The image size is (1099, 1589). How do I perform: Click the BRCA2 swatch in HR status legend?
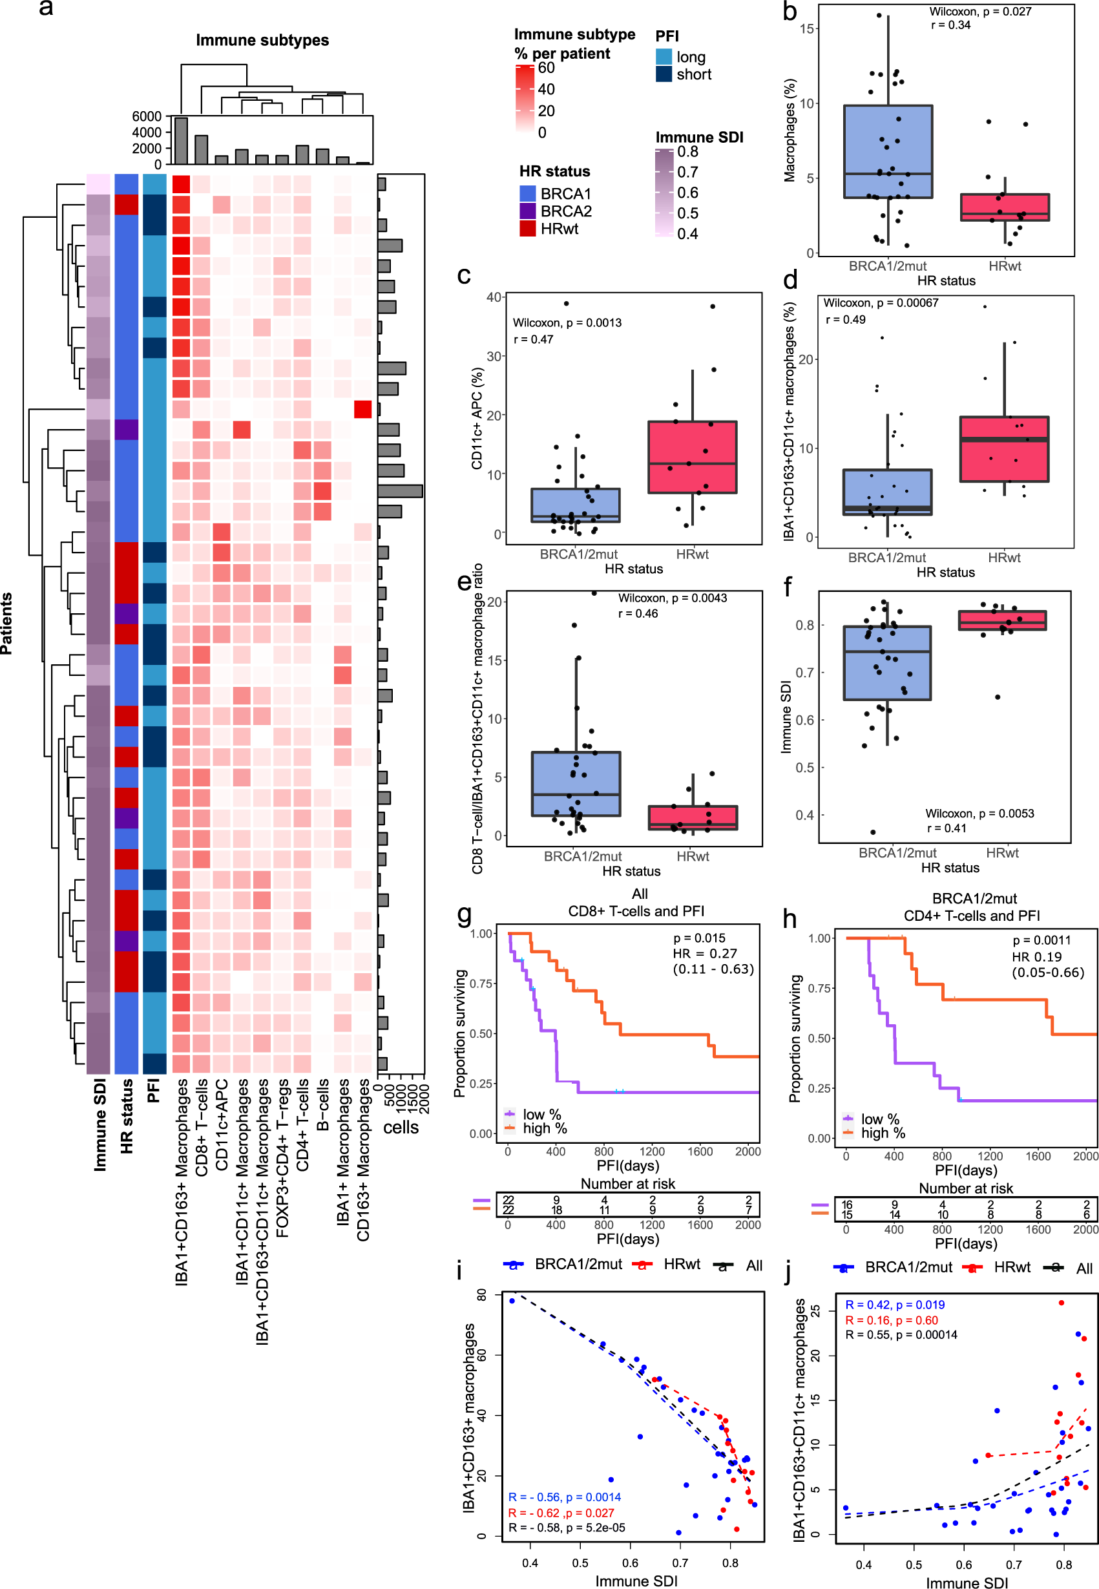(x=527, y=211)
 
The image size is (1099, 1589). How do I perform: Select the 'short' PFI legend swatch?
(x=663, y=74)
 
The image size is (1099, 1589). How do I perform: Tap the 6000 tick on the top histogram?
(x=147, y=116)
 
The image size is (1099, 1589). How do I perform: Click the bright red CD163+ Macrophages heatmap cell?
(x=363, y=409)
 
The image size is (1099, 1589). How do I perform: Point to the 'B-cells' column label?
(x=322, y=1105)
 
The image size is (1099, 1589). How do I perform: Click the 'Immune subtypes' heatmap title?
(x=262, y=40)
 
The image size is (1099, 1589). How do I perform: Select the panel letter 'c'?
(x=463, y=275)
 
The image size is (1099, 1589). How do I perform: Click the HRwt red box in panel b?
(x=1004, y=207)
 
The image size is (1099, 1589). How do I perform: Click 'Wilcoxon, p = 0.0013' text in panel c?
(x=567, y=322)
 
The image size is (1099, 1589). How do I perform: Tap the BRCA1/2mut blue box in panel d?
(x=887, y=492)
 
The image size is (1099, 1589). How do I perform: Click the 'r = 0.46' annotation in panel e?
(x=638, y=613)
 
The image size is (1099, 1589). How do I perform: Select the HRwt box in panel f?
(x=1002, y=620)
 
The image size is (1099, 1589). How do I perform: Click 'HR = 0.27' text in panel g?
(x=704, y=953)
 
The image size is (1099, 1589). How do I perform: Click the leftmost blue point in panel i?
(x=512, y=1300)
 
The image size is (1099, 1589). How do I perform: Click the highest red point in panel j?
(x=1061, y=1303)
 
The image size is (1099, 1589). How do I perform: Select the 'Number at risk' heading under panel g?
(x=627, y=1183)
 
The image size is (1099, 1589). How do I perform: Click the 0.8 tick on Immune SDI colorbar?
(x=687, y=151)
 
